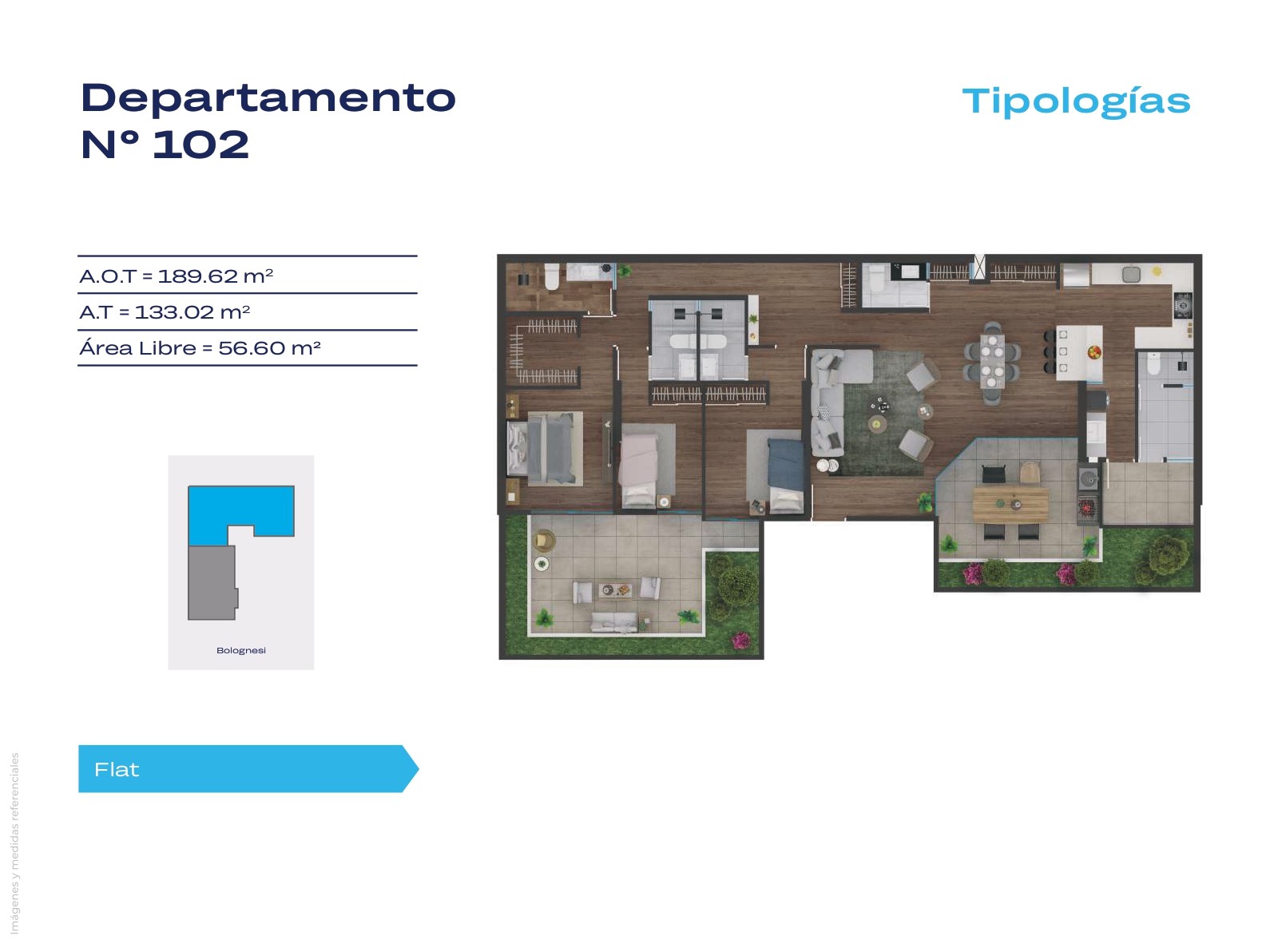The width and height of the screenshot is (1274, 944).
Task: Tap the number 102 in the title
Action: [x=200, y=145]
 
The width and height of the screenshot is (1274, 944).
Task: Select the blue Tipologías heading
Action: [x=1076, y=102]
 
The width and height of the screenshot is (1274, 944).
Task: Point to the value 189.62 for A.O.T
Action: [x=197, y=276]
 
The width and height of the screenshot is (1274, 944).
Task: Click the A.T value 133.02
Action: [x=174, y=312]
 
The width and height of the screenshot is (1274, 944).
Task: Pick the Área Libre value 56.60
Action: [x=252, y=348]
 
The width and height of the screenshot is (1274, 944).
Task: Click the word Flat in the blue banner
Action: [x=117, y=770]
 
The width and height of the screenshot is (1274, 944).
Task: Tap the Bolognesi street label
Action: [x=240, y=650]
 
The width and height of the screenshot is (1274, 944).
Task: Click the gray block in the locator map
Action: [x=212, y=582]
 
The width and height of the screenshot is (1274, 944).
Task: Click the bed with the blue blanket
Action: [x=786, y=474]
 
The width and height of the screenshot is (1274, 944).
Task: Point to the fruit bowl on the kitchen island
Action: [x=1093, y=351]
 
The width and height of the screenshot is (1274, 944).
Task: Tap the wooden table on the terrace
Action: [x=1010, y=504]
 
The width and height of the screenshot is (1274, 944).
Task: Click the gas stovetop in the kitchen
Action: [x=1183, y=304]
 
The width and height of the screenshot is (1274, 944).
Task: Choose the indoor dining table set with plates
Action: [x=992, y=361]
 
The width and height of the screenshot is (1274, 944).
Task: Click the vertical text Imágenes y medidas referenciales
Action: [x=15, y=843]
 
